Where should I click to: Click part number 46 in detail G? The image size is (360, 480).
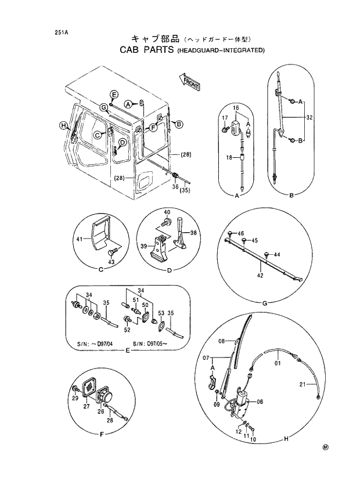241,232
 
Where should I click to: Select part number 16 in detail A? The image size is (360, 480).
236,109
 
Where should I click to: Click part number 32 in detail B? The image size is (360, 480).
309,117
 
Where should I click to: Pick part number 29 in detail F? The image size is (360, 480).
75,400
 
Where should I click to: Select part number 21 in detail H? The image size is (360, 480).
303,384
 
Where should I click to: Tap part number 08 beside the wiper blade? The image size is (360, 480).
221,341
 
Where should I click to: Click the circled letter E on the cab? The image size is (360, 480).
114,95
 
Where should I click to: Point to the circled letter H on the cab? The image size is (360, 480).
63,125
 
